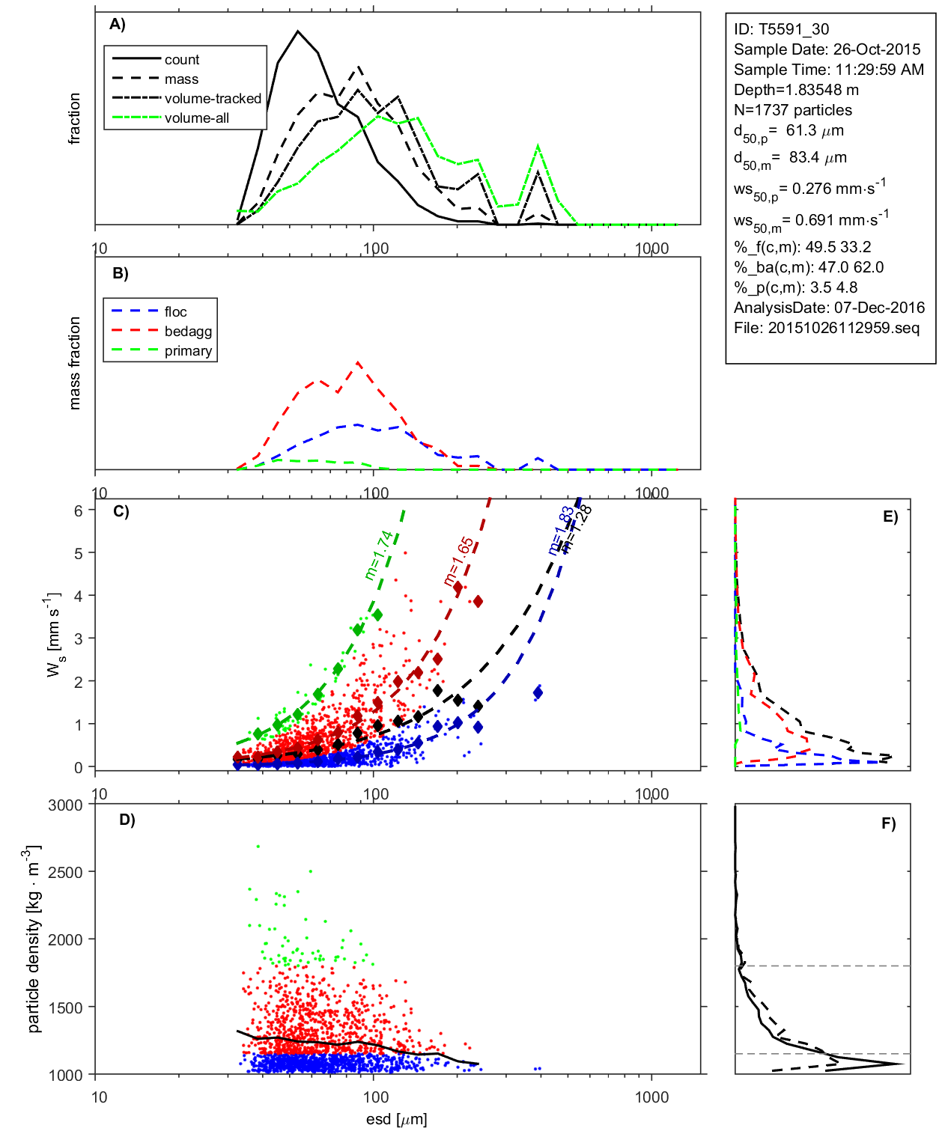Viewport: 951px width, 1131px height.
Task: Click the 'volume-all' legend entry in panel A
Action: click(x=196, y=118)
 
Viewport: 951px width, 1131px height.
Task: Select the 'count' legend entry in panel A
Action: click(x=182, y=60)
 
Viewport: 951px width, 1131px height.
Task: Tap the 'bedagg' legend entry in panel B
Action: click(x=188, y=332)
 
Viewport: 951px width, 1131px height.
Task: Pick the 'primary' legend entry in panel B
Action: click(x=188, y=351)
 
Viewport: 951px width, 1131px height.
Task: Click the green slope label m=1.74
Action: click(x=379, y=555)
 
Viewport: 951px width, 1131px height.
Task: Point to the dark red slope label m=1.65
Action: click(x=458, y=561)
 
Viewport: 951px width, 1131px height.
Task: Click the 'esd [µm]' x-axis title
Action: click(x=397, y=1119)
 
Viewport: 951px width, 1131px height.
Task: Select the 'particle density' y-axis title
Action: click(x=33, y=939)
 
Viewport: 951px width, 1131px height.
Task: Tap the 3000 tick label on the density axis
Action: click(x=65, y=805)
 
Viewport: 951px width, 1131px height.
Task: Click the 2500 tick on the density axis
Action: click(x=65, y=872)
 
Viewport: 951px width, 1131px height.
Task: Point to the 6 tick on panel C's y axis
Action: click(x=78, y=510)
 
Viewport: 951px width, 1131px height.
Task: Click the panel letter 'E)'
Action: click(x=890, y=516)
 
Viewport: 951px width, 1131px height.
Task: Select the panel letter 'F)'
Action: click(x=888, y=823)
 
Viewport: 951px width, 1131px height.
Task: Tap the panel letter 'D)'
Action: click(x=127, y=820)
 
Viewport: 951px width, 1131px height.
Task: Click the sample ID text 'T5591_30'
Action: click(x=794, y=29)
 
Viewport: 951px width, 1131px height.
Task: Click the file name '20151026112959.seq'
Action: click(x=844, y=328)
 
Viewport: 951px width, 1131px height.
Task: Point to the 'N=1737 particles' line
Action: click(x=793, y=110)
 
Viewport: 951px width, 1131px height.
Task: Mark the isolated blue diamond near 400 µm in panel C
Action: click(x=538, y=692)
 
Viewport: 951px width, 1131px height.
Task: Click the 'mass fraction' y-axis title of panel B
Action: click(x=74, y=363)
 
